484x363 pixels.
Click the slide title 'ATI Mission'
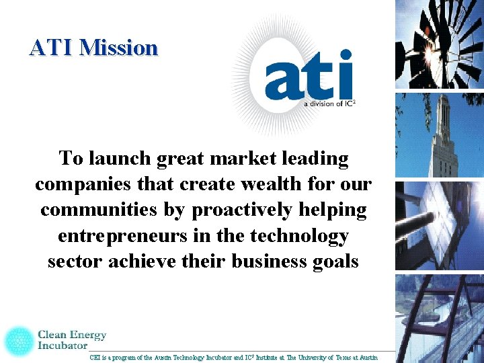point(93,48)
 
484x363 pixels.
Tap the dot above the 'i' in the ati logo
point(346,54)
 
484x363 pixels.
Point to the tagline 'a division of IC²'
point(329,104)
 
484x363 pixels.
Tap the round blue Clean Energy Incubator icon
point(18,341)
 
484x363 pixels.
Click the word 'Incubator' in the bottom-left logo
point(63,346)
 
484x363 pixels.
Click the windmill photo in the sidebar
point(439,44)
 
